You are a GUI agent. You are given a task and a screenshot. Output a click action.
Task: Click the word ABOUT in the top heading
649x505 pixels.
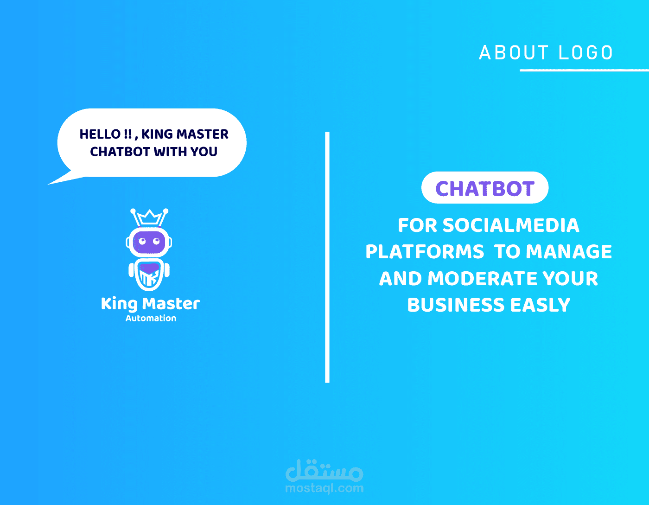click(x=514, y=52)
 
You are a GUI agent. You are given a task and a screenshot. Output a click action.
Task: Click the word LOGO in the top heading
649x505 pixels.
click(x=585, y=52)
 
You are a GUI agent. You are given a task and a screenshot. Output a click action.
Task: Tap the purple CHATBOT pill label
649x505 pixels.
click(x=485, y=188)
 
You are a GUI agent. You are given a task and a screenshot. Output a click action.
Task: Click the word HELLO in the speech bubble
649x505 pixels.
click(x=100, y=134)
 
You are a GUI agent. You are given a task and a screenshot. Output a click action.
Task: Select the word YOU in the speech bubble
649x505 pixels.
click(x=204, y=152)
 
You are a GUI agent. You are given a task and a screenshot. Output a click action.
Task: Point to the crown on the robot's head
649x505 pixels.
click(x=149, y=217)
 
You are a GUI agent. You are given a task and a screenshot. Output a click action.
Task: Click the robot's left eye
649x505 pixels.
click(x=142, y=241)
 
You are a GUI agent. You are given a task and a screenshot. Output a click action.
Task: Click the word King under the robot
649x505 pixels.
click(x=119, y=304)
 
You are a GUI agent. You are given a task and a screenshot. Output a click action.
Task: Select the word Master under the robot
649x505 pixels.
click(x=171, y=304)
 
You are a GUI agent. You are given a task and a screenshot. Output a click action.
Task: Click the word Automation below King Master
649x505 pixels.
click(x=151, y=318)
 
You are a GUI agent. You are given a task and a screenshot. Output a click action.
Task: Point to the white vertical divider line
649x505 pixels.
click(x=327, y=257)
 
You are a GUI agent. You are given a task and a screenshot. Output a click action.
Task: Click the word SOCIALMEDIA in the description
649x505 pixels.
click(x=511, y=225)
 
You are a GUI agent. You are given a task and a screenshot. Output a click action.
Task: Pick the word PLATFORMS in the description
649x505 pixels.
click(x=425, y=251)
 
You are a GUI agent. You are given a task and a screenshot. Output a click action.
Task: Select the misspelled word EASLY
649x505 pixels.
click(x=540, y=305)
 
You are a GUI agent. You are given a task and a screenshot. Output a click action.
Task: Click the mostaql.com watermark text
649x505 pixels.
click(x=324, y=488)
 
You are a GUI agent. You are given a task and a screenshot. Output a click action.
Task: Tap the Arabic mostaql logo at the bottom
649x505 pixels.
click(x=324, y=470)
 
